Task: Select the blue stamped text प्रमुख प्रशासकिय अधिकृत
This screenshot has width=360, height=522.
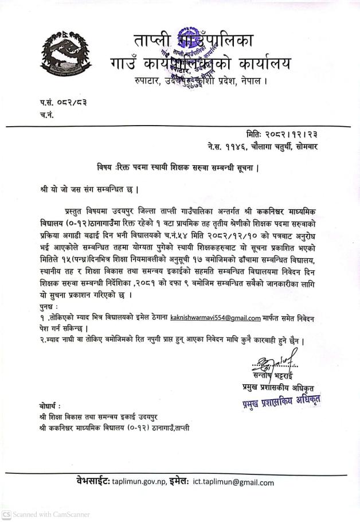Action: [x=280, y=402]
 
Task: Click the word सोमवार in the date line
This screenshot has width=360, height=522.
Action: [x=304, y=147]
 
